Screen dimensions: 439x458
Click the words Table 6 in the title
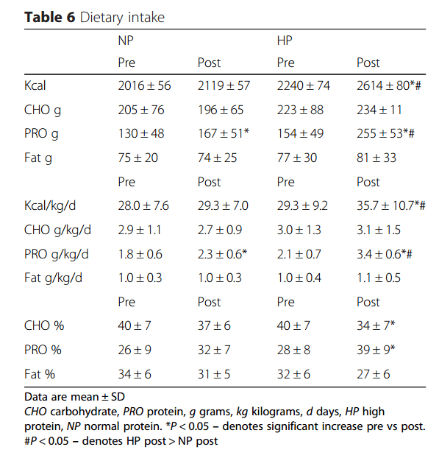49,17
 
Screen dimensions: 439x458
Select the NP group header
126,40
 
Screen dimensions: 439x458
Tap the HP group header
285,40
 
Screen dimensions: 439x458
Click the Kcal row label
35,85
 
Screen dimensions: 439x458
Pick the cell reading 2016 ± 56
144,85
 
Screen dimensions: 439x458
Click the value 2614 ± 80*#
389,85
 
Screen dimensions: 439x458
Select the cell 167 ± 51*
224,133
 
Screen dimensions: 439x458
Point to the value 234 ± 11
379,110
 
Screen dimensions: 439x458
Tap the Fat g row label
38,158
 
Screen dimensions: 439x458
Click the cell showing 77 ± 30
297,158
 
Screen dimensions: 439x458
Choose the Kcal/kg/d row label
50,205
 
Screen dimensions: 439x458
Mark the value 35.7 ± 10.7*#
391,205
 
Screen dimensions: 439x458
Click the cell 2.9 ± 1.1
140,230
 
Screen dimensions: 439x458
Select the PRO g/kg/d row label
57,254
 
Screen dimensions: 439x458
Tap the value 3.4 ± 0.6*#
385,254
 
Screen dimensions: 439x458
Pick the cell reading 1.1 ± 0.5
379,278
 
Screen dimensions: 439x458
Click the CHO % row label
44,325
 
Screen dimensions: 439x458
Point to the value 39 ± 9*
376,350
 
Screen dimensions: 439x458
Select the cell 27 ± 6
374,374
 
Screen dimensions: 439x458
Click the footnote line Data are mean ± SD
75,397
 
